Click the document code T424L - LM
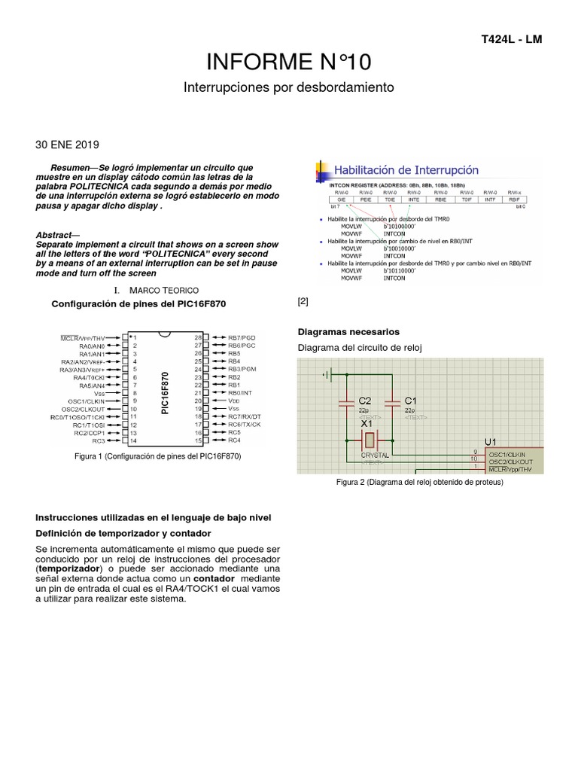tap(510, 38)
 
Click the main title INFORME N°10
tap(289, 61)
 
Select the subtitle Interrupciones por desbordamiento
tap(289, 87)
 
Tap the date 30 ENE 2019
tap(67, 145)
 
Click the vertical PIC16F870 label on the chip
tap(166, 392)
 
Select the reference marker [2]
tap(303, 301)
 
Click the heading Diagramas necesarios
tap(348, 331)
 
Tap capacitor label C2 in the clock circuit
tap(364, 400)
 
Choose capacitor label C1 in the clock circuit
tap(410, 400)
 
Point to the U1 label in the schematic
tap(490, 440)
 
